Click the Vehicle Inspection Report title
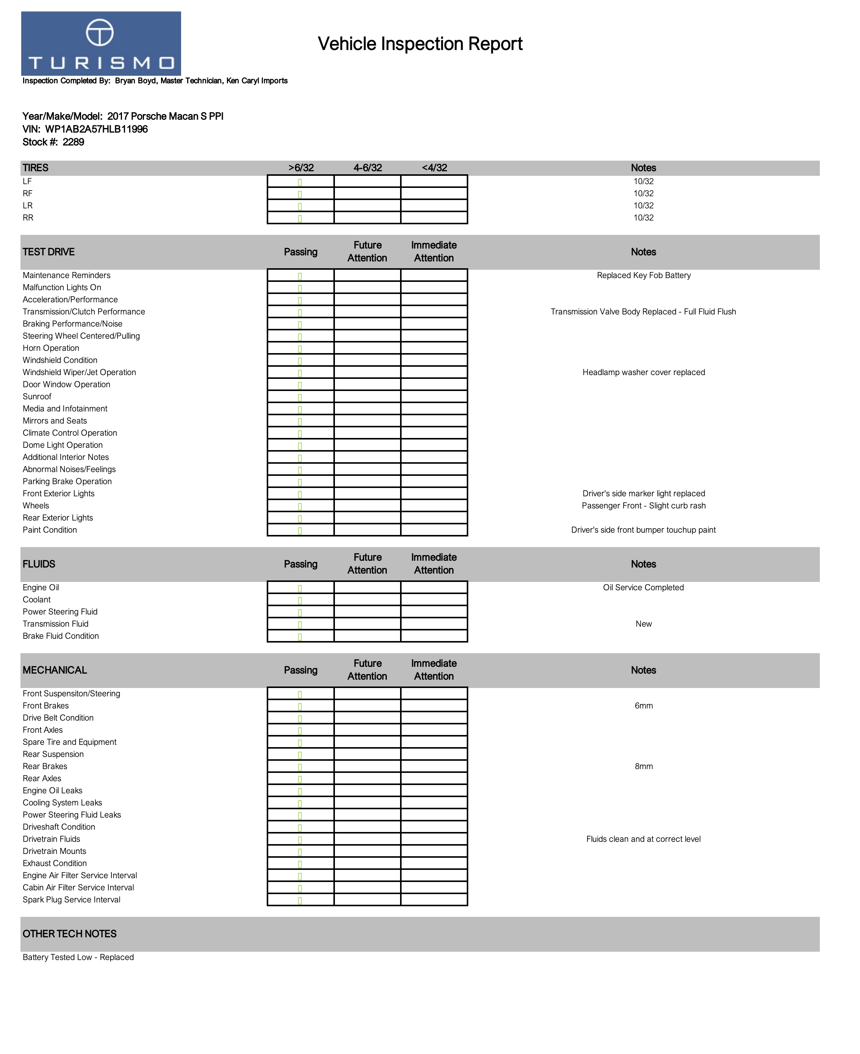(x=420, y=44)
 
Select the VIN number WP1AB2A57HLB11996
(x=96, y=129)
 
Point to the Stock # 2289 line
(x=53, y=142)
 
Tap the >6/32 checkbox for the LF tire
(x=300, y=182)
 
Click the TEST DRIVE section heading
(x=48, y=252)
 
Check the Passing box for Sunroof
(x=300, y=397)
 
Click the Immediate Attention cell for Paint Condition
(x=434, y=530)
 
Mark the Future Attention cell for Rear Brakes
(x=367, y=767)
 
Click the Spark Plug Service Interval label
(x=71, y=900)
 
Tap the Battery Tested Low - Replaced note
(x=78, y=957)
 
